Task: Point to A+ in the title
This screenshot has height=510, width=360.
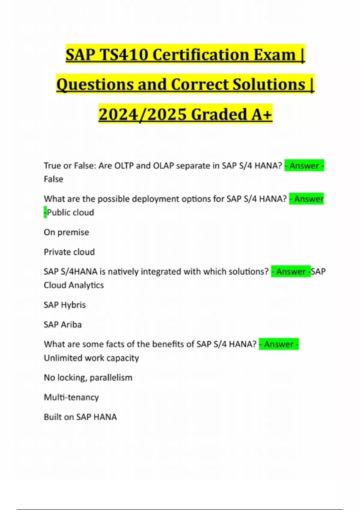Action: coord(262,114)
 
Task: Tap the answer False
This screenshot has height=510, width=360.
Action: coord(53,179)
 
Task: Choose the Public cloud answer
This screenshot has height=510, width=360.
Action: coord(70,212)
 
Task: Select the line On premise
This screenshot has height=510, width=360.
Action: coord(66,232)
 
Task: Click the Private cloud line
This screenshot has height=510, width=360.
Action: coord(69,252)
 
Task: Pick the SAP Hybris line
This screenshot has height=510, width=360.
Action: coord(64,305)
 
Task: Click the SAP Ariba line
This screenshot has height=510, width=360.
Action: coord(62,325)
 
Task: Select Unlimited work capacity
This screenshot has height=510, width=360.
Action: coord(91,358)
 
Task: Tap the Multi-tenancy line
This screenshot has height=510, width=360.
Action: coord(71,397)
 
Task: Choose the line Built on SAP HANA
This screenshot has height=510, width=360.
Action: coord(80,417)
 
